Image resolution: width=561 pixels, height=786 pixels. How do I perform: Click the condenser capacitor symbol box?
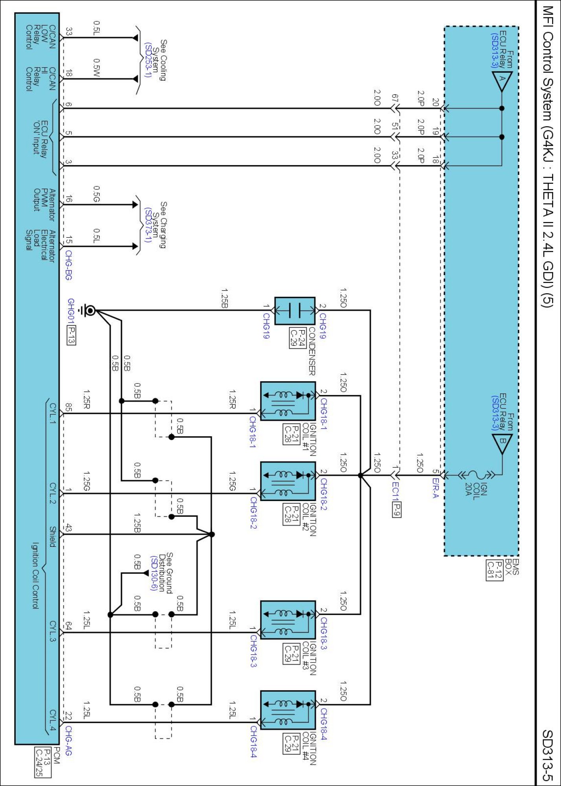click(x=294, y=310)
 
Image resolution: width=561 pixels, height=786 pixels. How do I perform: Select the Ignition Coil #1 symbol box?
click(x=288, y=401)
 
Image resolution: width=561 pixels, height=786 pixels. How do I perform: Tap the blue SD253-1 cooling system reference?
click(x=148, y=60)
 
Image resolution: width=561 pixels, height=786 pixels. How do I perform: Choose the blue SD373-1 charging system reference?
click(x=148, y=225)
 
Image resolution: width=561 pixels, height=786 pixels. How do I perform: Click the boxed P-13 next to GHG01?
click(x=71, y=335)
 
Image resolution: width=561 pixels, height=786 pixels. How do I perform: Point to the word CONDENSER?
click(x=312, y=351)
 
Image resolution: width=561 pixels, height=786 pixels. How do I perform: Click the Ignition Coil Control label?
click(x=35, y=576)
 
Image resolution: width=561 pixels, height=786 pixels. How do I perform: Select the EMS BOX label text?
click(x=511, y=567)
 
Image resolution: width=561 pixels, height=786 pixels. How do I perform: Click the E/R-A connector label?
click(x=435, y=488)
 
